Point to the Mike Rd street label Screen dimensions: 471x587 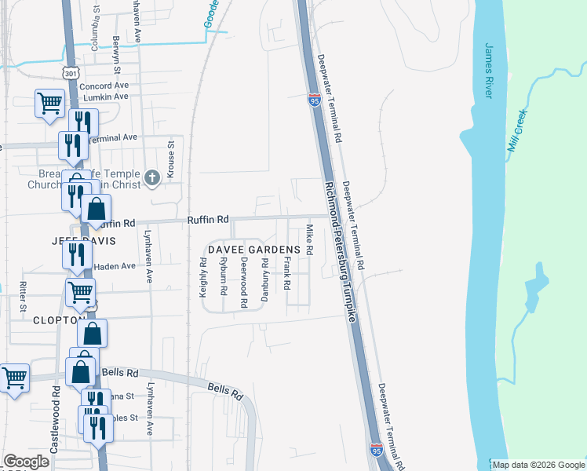pyautogui.click(x=309, y=239)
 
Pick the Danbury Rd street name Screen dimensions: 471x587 pyautogui.click(x=266, y=278)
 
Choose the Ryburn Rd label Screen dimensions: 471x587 pyautogui.click(x=224, y=276)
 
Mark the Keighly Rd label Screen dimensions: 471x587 pyautogui.click(x=203, y=276)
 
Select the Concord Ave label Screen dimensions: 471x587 pyautogui.click(x=104, y=85)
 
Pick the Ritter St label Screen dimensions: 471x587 pyautogui.click(x=24, y=294)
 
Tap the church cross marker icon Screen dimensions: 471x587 pyautogui.click(x=153, y=179)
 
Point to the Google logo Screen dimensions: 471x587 pyautogui.click(x=26, y=462)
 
